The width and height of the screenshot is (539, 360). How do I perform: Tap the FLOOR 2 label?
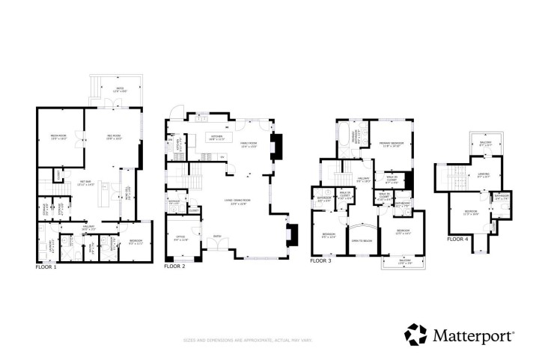(177, 266)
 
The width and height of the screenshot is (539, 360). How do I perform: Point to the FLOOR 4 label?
(458, 240)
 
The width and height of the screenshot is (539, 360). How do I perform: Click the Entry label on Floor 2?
(218, 237)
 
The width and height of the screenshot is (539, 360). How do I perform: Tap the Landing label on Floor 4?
(483, 176)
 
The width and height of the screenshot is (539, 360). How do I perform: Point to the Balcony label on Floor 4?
(485, 144)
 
